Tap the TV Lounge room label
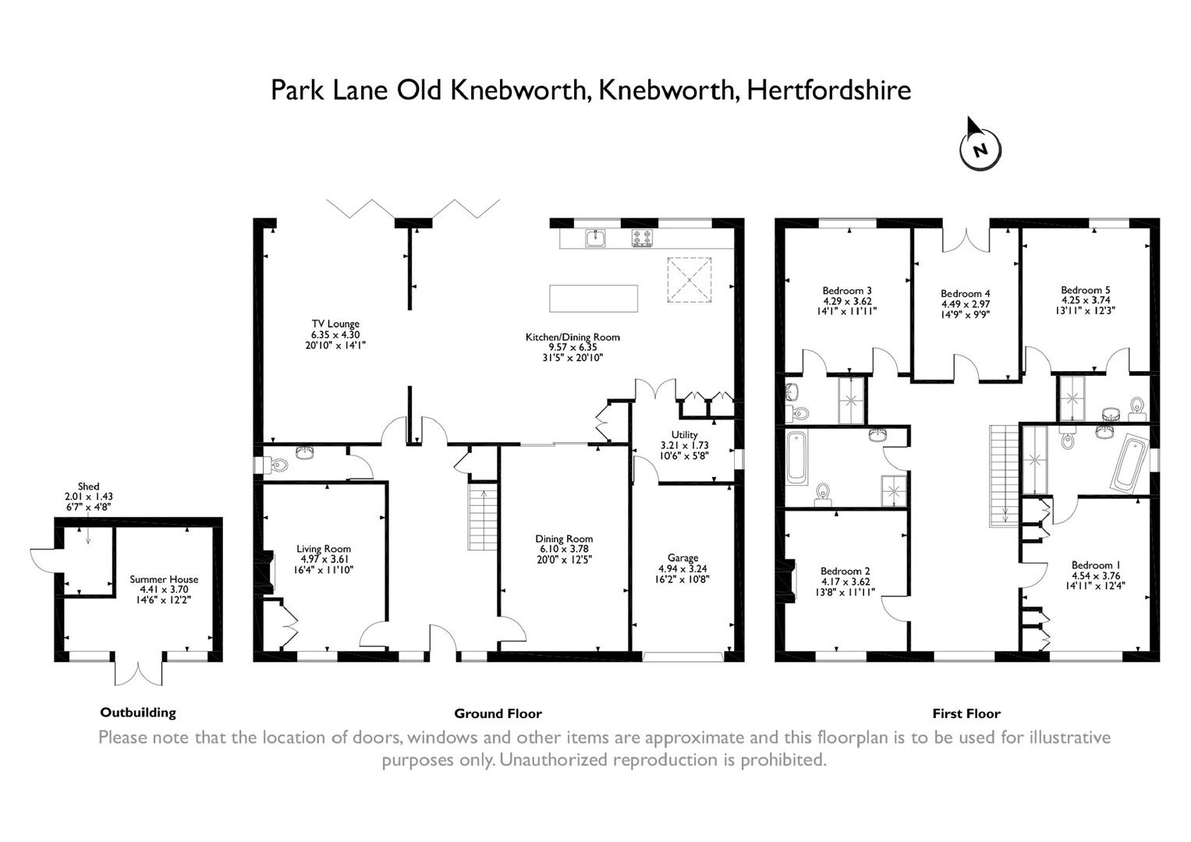pos(335,324)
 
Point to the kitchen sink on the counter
pos(597,237)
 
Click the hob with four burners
pos(642,237)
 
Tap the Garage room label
pos(682,557)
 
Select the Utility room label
pos(684,434)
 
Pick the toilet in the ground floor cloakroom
pos(277,465)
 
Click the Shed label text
pos(88,486)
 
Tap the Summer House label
pos(164,579)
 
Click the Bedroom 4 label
pos(965,294)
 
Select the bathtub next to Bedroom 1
pos(1129,463)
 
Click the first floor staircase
pos(1004,476)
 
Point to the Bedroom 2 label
pos(845,571)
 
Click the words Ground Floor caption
pos(498,713)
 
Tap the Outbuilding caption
pos(138,712)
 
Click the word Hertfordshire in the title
pos(828,90)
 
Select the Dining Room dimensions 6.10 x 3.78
pos(564,549)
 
